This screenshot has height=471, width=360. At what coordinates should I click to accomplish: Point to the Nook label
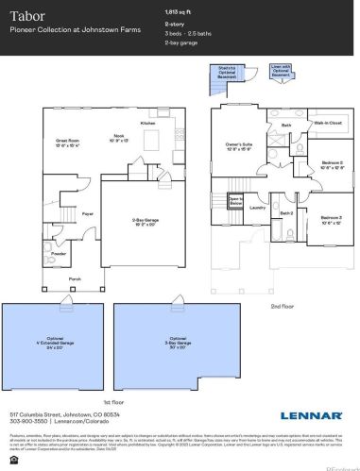pos(119,138)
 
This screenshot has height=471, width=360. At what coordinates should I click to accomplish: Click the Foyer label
pos(87,214)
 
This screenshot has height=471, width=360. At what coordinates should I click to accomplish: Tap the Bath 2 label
pos(287,214)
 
